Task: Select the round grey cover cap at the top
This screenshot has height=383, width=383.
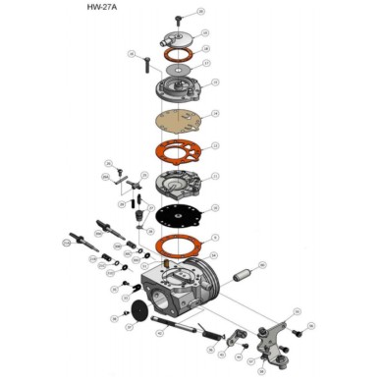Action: pos(176,39)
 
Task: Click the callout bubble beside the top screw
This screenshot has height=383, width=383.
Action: pos(200,12)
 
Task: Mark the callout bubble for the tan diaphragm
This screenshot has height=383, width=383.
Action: pos(216,114)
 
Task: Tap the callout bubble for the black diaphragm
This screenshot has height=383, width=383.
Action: pos(215,208)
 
